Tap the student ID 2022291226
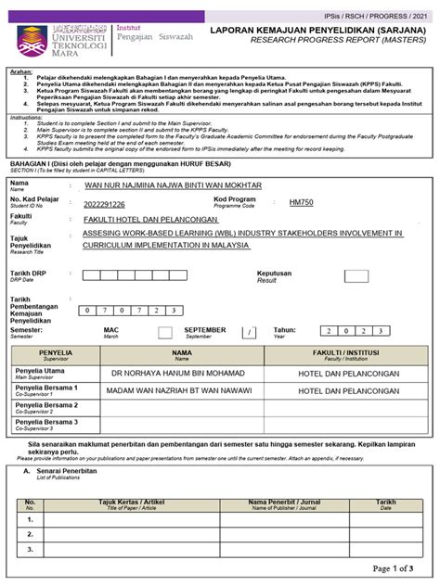point(104,204)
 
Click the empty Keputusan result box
point(355,276)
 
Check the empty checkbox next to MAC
point(164,332)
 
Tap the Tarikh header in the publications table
point(385,502)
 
